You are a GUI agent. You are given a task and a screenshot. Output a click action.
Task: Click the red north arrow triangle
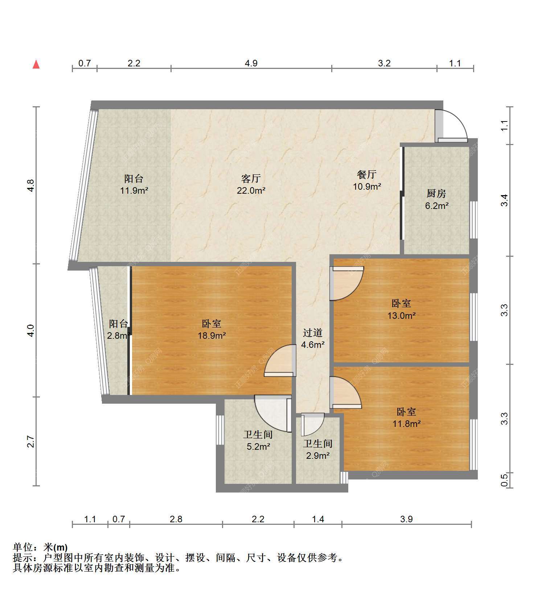tap(36, 65)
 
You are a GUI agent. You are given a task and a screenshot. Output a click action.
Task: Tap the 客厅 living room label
tap(251, 178)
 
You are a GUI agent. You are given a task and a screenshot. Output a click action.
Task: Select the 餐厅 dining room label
tap(367, 174)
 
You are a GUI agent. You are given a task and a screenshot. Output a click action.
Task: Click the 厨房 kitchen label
tap(436, 194)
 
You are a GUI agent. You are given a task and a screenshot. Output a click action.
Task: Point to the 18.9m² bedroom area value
tap(212, 335)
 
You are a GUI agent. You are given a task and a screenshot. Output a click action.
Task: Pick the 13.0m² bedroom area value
tap(402, 316)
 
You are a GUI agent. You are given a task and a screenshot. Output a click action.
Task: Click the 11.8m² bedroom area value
tap(407, 423)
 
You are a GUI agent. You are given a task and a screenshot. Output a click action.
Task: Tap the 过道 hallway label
tap(313, 333)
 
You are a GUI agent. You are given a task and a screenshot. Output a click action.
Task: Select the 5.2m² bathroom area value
tap(258, 446)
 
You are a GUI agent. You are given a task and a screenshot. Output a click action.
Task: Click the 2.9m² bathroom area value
tap(318, 456)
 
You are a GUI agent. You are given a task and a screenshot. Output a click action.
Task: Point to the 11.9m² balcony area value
tap(134, 190)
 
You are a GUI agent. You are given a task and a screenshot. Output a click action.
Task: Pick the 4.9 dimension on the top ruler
tap(251, 63)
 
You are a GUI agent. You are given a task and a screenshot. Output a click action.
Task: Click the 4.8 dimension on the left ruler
tap(31, 186)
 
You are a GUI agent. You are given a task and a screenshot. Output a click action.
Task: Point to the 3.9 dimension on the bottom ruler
tap(407, 519)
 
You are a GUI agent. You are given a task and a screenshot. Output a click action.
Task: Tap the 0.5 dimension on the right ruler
tap(505, 481)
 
